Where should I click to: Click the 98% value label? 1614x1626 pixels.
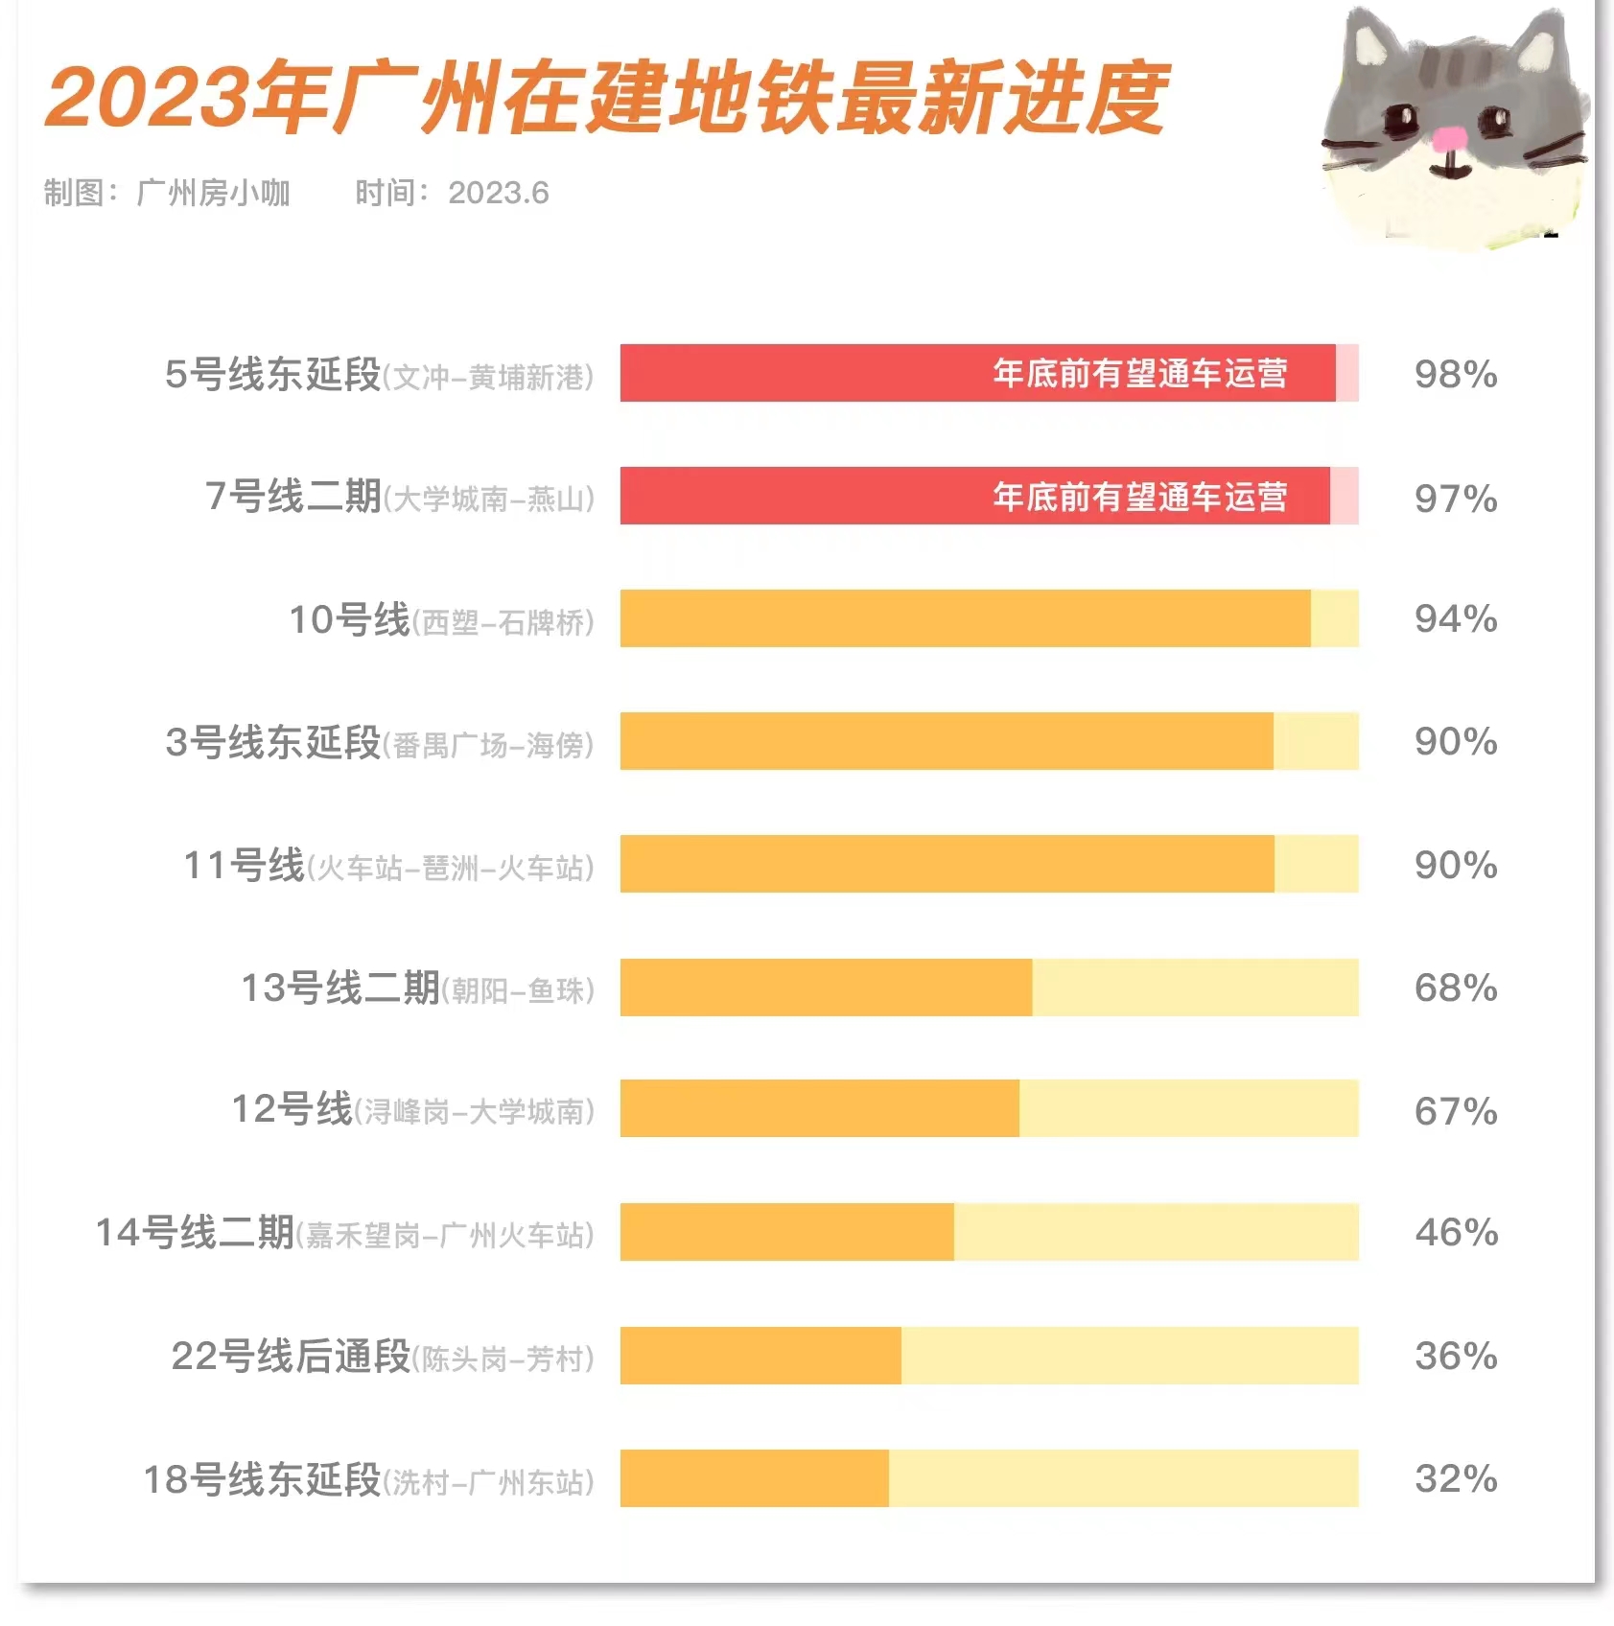pos(1455,374)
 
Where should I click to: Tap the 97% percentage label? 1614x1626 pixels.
pos(1455,498)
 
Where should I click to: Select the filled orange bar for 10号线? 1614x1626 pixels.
pos(964,618)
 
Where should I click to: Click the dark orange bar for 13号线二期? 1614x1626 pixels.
pos(825,987)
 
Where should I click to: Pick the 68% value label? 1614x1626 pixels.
pos(1455,987)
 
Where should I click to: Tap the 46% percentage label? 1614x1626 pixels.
pos(1456,1232)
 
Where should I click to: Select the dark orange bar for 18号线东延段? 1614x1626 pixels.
pos(754,1477)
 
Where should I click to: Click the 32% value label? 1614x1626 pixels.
pos(1455,1477)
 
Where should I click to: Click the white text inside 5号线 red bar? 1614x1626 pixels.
pos(1139,373)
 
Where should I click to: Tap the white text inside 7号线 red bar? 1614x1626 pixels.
pos(1139,497)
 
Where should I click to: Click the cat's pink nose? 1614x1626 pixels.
pos(1450,140)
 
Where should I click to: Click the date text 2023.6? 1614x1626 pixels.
pos(498,193)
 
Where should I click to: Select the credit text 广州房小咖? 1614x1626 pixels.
pos(213,193)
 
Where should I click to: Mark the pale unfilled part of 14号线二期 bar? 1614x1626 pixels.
pos(1156,1232)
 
